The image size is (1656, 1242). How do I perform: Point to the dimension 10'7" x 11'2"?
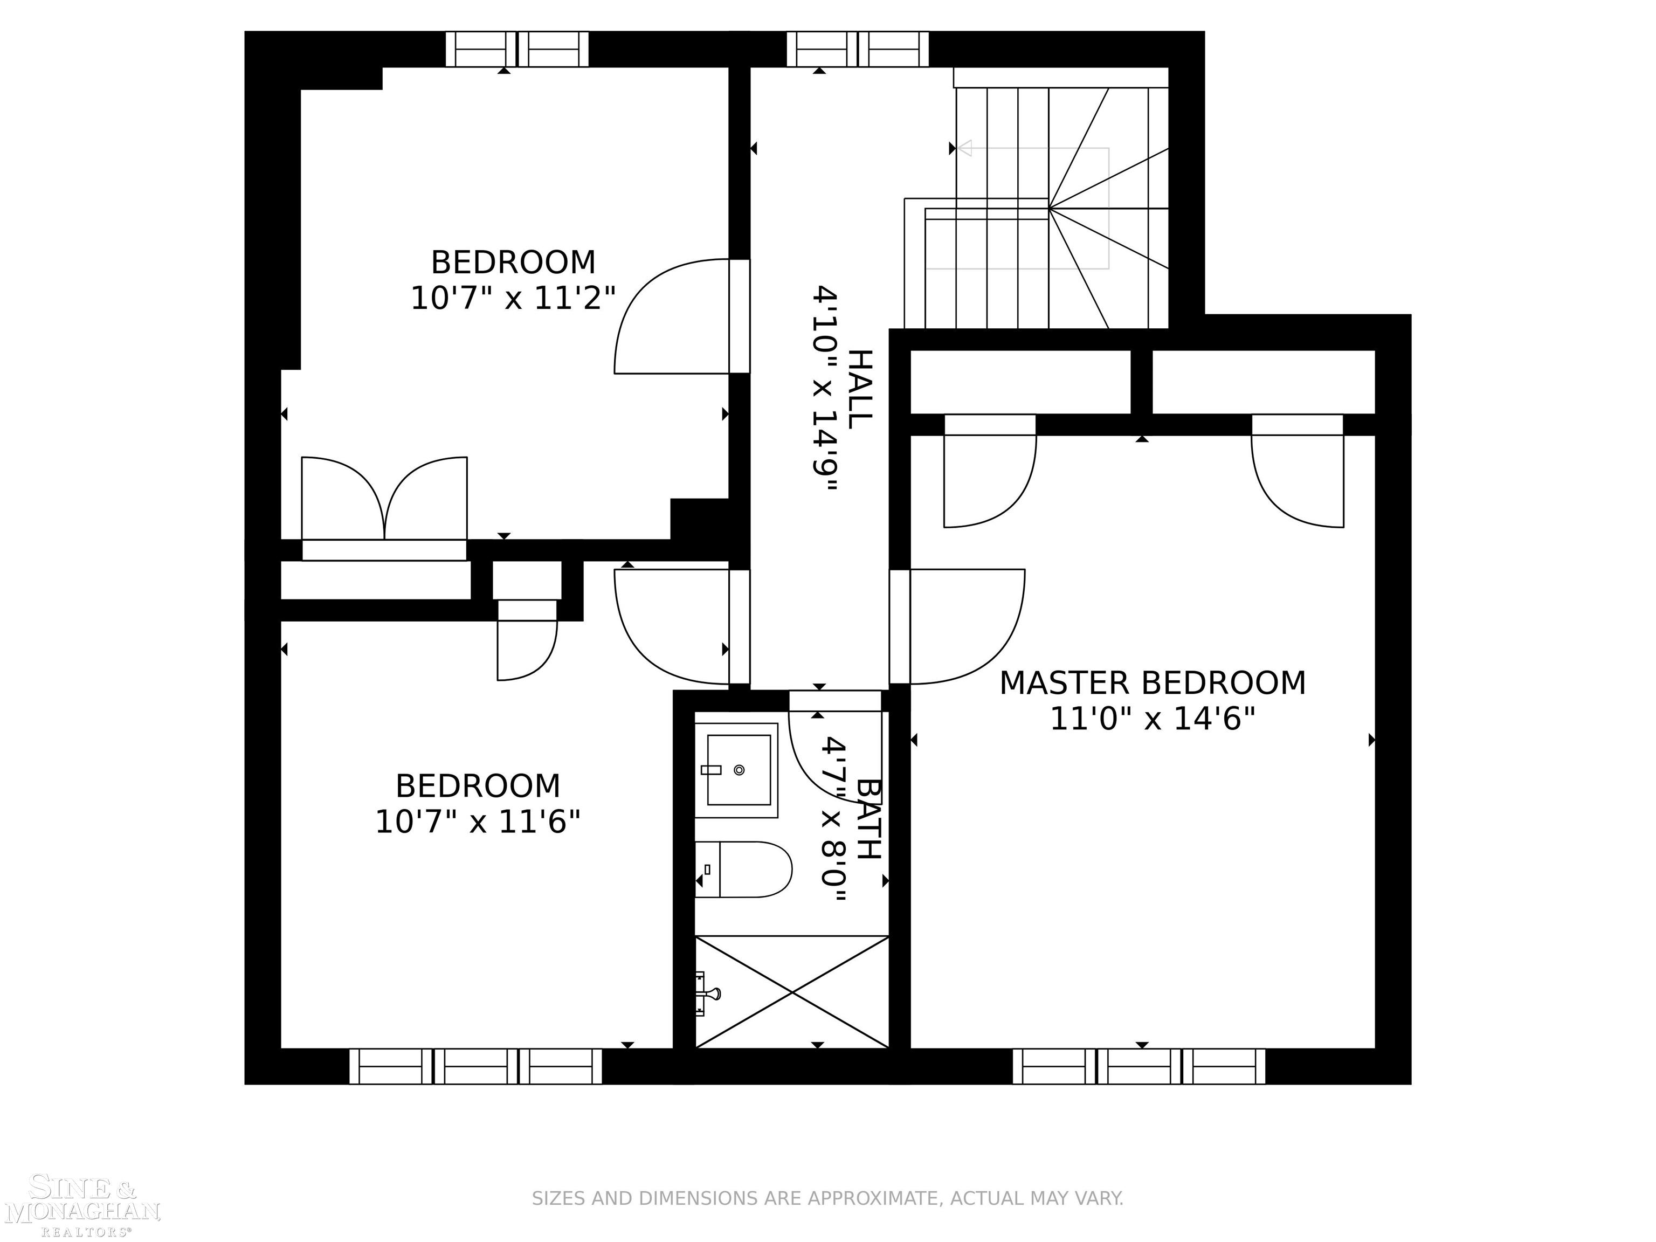tap(513, 299)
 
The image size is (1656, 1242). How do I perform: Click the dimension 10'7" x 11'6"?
tap(478, 823)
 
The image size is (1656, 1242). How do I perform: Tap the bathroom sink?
tap(737, 770)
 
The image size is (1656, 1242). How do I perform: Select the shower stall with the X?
tap(792, 992)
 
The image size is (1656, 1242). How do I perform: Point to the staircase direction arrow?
tap(965, 148)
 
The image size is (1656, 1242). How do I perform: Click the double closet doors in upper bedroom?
tap(384, 498)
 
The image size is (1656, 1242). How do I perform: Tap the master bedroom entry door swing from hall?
tap(966, 626)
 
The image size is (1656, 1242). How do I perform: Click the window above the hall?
tap(857, 50)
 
